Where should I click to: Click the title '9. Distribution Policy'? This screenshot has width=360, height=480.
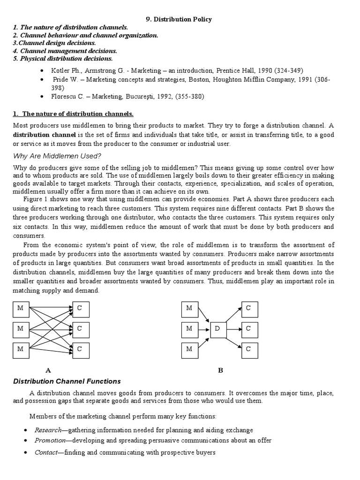pos(180,19)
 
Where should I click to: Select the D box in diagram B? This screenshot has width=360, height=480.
pos(217,329)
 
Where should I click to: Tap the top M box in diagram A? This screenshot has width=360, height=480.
pos(21,308)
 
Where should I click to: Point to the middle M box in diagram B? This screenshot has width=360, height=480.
pos(189,329)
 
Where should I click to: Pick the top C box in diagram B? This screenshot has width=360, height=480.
pos(249,308)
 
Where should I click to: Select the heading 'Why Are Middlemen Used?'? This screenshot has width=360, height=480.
pos(57,156)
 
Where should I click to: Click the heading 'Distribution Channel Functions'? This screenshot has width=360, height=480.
pos(67,382)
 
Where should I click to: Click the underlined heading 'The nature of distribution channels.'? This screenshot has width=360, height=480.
pos(78,114)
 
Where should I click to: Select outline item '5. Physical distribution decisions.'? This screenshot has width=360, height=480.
pos(63,59)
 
